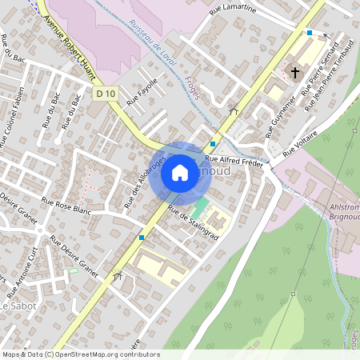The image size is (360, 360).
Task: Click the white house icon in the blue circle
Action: click(x=180, y=172)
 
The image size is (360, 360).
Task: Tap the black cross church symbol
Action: click(x=295, y=73)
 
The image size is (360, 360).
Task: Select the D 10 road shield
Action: click(x=106, y=94)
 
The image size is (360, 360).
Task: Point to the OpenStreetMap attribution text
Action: click(x=80, y=354)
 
